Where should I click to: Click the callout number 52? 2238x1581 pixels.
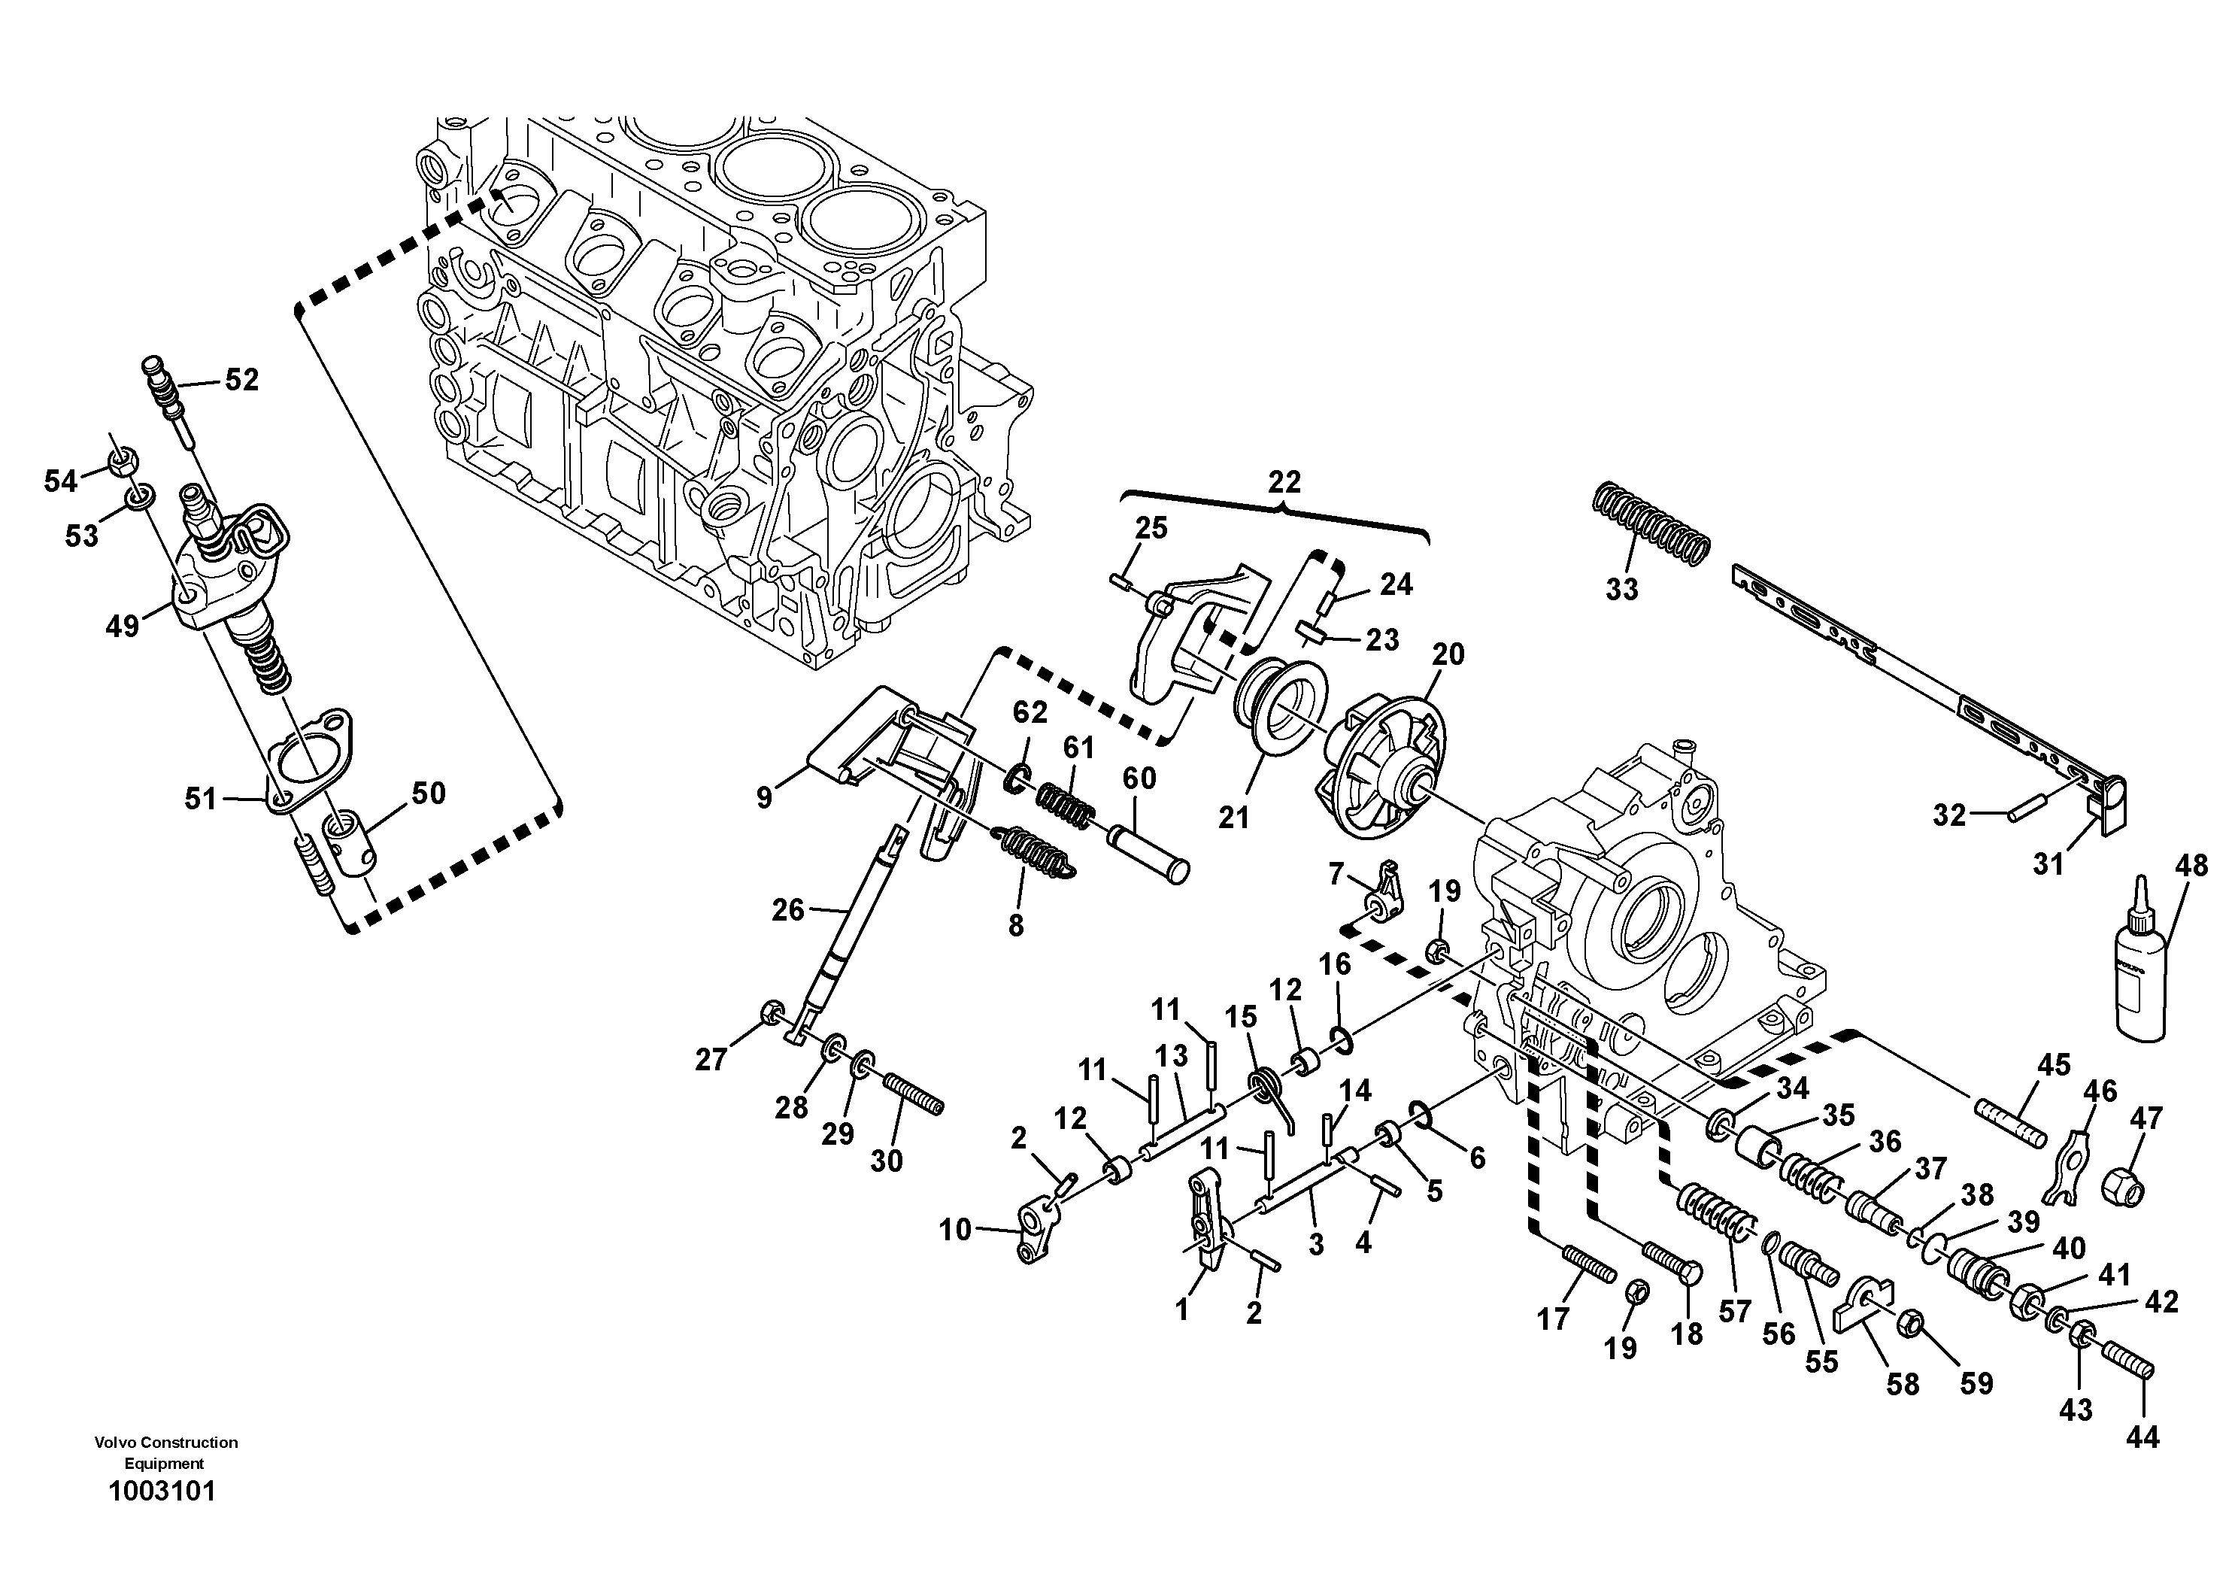coord(241,380)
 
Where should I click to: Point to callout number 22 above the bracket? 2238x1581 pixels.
coord(1284,481)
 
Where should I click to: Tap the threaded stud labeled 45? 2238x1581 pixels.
coord(2009,1122)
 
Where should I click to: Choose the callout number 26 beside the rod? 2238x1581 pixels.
coord(787,909)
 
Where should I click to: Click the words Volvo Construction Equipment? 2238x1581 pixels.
coord(165,1452)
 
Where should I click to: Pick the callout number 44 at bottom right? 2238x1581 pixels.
coord(2142,1437)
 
